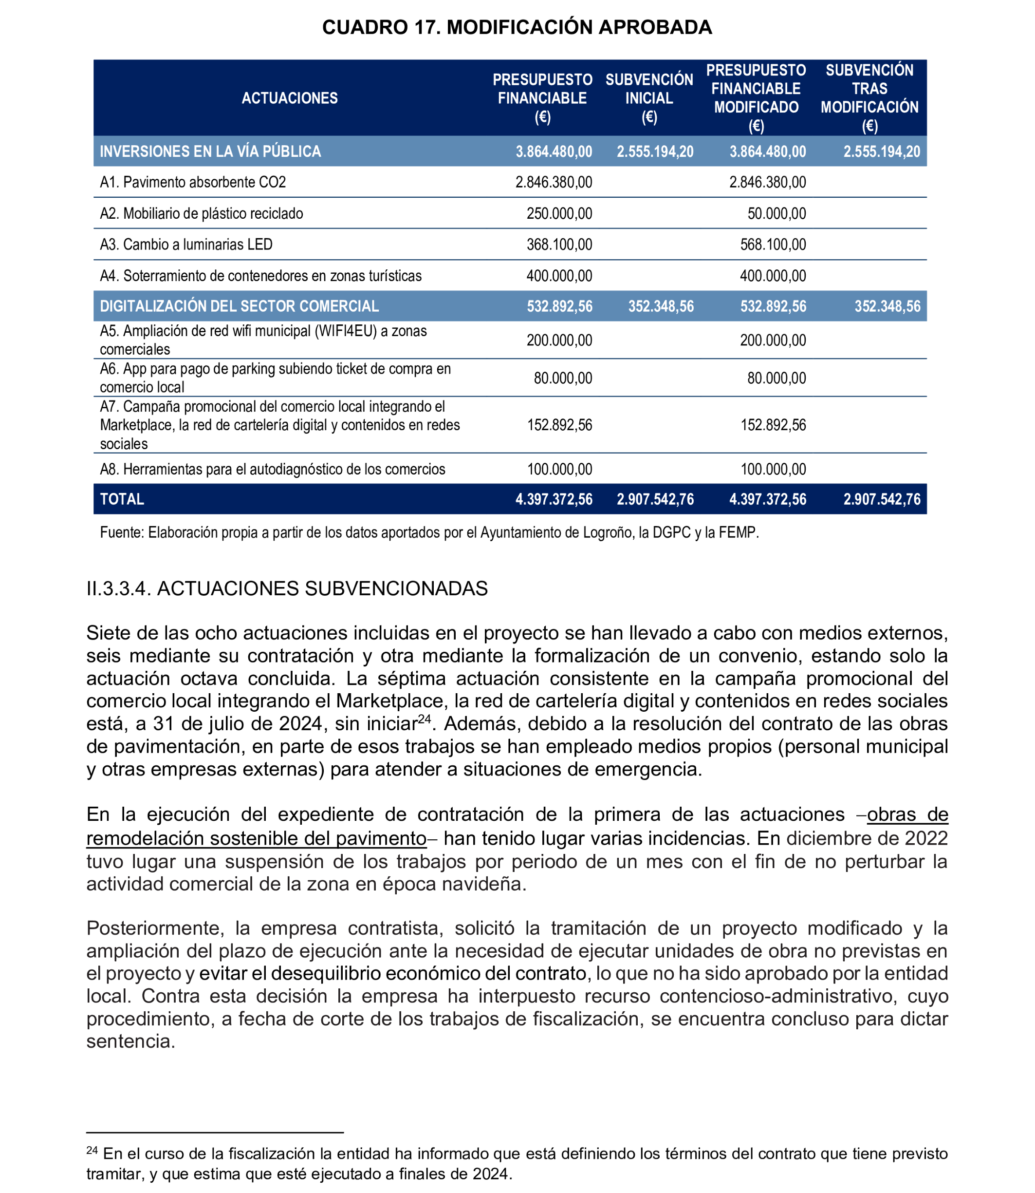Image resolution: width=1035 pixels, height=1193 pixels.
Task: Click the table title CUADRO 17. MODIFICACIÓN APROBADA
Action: [x=517, y=27]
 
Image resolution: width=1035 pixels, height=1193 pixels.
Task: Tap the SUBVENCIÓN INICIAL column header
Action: [x=649, y=98]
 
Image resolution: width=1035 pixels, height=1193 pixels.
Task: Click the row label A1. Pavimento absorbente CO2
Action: [x=193, y=183]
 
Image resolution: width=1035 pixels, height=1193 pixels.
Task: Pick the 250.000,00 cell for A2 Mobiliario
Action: [x=559, y=214]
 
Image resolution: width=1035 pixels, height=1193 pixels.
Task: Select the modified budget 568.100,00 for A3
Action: [x=773, y=245]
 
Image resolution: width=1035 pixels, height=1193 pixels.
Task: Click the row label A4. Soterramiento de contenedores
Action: [x=260, y=276]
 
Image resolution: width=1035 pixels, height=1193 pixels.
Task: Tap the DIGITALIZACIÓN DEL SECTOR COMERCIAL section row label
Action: [x=239, y=306]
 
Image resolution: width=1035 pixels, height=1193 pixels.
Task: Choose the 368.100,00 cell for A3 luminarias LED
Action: [x=559, y=245]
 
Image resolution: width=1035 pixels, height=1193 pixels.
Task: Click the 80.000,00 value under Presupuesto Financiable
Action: [x=563, y=379]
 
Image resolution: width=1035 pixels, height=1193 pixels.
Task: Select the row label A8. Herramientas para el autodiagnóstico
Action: [x=272, y=469]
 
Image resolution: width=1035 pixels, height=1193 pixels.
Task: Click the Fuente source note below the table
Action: [x=428, y=532]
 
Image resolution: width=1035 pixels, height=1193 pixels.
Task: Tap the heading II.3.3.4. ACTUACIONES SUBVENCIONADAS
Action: [x=287, y=588]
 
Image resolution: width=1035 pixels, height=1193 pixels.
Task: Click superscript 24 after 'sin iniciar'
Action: [x=425, y=719]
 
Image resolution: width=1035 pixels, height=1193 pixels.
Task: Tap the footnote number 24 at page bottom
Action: [x=92, y=1150]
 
